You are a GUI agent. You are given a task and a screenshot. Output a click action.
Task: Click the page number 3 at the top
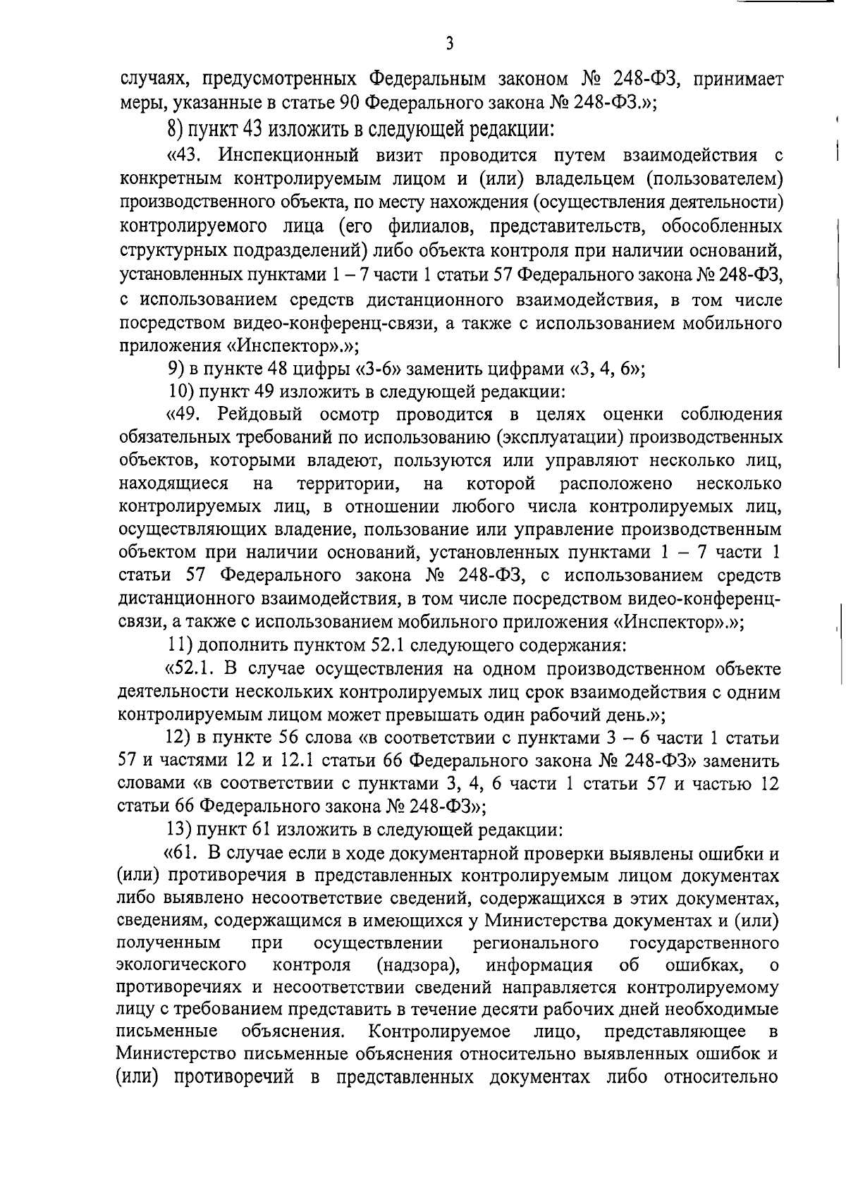[450, 44]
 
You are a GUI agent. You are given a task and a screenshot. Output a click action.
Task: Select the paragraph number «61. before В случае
[181, 854]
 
